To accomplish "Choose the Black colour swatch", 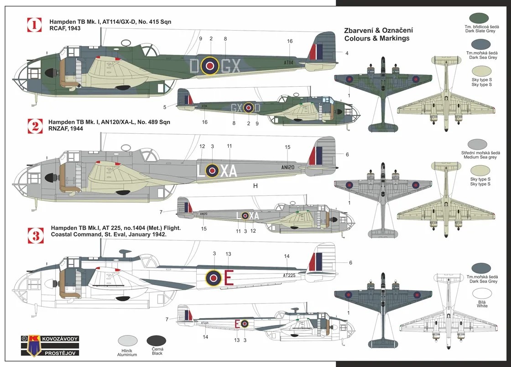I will coord(157,340).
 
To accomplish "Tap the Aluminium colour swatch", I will coord(128,340).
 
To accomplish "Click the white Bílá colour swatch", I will coord(482,294).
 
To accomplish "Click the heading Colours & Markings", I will coord(376,38).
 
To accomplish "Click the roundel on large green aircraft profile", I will coord(210,66).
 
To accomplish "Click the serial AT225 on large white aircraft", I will coord(289,275).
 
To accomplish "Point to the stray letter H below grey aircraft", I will coord(255,186).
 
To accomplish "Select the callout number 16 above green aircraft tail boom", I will coord(290,42).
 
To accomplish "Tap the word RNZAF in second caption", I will coord(58,129).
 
